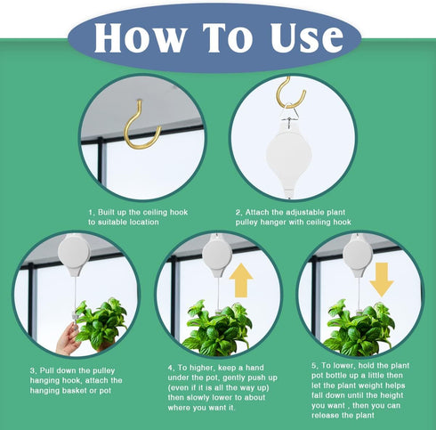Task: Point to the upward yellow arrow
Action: point(240,281)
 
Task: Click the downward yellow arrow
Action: point(382,279)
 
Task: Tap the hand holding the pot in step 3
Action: point(69,338)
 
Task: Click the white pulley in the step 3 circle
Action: point(74,255)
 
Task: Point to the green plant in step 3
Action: point(101,322)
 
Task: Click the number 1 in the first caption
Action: point(90,212)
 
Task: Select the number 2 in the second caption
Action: point(238,212)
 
